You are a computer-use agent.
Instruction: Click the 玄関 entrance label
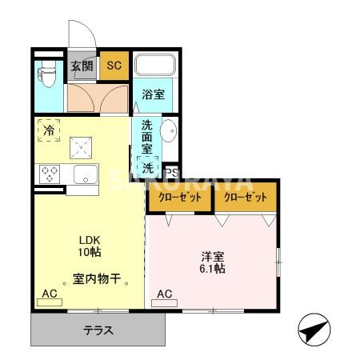82,66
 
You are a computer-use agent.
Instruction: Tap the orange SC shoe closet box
114,66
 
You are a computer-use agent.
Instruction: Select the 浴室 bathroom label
153,94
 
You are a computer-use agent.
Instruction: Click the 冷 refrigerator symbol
49,130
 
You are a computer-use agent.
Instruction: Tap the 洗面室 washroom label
147,137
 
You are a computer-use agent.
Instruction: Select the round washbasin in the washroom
169,130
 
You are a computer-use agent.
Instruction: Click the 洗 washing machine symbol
149,169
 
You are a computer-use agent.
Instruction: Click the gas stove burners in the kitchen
50,173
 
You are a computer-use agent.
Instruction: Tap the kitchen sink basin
84,174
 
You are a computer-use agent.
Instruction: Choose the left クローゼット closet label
179,197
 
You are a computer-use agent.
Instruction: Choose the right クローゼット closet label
245,197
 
